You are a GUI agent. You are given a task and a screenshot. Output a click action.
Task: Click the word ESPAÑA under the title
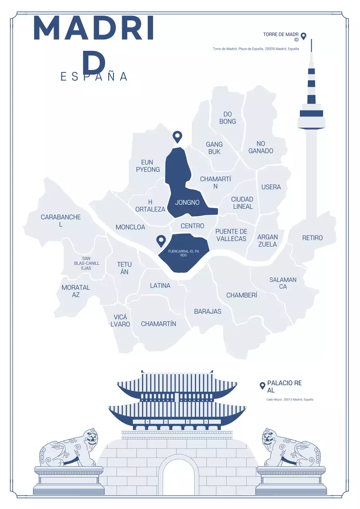coord(94,76)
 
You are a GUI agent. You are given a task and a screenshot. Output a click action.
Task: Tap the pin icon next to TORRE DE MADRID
coord(304,36)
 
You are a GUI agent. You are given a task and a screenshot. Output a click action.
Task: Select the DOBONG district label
coord(228,118)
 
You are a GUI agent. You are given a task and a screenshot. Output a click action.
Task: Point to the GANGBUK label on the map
coord(214,148)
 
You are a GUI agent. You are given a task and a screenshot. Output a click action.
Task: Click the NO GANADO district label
coord(261,147)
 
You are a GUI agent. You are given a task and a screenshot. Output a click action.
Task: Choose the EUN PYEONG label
coord(148,166)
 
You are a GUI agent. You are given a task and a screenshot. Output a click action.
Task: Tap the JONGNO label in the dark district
coord(187,202)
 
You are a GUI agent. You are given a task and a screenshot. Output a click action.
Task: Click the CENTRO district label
coord(192,226)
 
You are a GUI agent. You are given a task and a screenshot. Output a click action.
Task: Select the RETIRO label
coord(312,238)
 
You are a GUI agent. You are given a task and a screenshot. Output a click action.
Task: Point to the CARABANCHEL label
coord(60,221)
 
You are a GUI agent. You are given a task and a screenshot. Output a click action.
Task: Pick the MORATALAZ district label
coord(76,291)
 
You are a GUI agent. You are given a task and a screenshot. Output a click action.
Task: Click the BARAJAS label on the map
coord(208,311)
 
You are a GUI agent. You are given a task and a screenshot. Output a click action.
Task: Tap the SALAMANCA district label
coord(283,283)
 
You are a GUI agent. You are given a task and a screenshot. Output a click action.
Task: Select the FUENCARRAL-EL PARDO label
coord(183,253)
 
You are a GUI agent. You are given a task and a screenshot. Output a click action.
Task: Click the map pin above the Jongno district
coord(177,137)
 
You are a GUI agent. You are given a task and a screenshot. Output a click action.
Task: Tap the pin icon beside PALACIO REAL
coord(262,385)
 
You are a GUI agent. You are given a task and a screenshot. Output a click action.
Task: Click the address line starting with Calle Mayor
coord(290,399)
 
